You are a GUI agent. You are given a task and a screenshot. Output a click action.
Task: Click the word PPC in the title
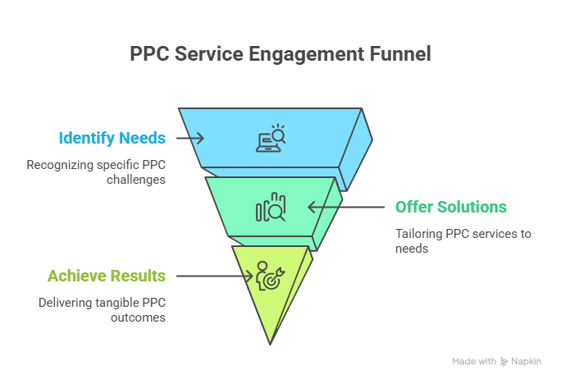(x=150, y=55)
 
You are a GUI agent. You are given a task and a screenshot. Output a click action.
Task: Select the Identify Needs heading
(x=112, y=138)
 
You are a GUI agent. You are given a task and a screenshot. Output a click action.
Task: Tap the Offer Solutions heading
(x=450, y=207)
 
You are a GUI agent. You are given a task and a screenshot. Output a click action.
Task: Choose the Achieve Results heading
(x=107, y=276)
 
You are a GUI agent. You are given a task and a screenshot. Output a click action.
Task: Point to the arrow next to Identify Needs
(x=189, y=138)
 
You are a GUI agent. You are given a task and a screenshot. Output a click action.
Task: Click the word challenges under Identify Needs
(x=135, y=180)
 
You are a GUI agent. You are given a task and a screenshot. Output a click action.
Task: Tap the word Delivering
(x=64, y=303)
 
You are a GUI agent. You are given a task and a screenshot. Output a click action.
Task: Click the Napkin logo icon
(x=504, y=361)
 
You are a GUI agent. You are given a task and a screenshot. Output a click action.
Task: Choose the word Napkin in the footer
(x=526, y=361)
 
